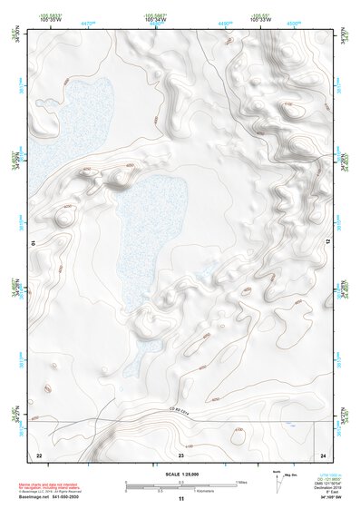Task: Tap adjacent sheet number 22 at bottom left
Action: (39, 454)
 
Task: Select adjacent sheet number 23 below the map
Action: (181, 454)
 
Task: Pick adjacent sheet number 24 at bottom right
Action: (322, 454)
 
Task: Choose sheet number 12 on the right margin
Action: (328, 242)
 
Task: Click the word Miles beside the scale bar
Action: (242, 482)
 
